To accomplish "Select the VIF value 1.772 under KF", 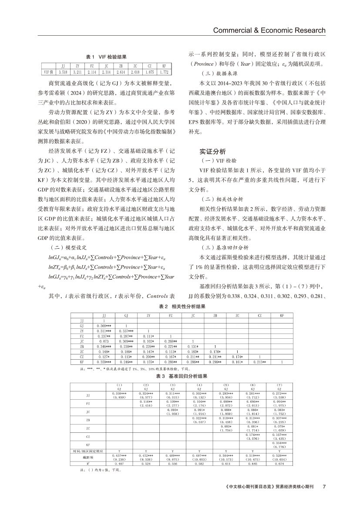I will pyautogui.click(x=164, y=72).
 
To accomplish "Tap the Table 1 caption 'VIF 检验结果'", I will pyautogui.click(x=106, y=57).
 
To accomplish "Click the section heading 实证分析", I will pyautogui.click(x=212, y=152).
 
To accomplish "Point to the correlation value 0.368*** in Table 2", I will pyautogui.click(x=104, y=325).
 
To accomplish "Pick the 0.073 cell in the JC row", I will pyautogui.click(x=104, y=341).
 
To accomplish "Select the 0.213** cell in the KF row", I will pyautogui.click(x=259, y=361).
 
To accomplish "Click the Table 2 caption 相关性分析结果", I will pyautogui.click(x=180, y=306).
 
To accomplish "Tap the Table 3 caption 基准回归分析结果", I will pyautogui.click(x=180, y=376).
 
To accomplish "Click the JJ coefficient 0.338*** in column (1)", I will pyautogui.click(x=119, y=393).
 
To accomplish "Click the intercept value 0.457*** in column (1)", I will pyautogui.click(x=119, y=455).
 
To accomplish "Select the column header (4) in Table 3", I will pyautogui.click(x=199, y=384).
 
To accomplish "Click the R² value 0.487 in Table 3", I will pyautogui.click(x=119, y=464).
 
